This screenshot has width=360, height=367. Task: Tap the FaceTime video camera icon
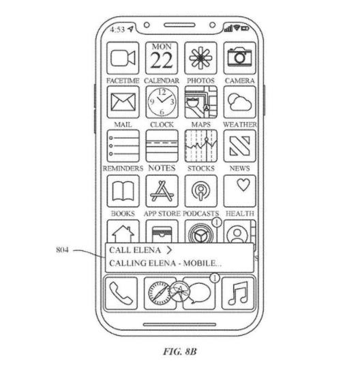[123, 58]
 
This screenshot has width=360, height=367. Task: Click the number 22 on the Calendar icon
[162, 61]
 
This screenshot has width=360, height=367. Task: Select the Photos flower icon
[200, 58]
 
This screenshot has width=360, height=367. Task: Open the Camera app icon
[240, 58]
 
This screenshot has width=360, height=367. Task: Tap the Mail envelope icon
[123, 102]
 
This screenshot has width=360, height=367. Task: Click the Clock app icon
[162, 102]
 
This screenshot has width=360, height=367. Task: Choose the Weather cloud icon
[240, 102]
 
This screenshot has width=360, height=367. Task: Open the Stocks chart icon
[201, 146]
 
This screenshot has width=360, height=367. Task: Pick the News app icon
[240, 146]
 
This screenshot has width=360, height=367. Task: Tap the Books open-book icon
[123, 191]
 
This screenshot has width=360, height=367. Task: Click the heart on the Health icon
[243, 185]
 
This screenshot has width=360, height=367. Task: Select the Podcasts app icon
[201, 191]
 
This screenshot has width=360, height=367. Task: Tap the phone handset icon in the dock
[121, 293]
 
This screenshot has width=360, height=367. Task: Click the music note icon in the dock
[238, 293]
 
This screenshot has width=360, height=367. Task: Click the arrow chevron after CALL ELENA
[169, 250]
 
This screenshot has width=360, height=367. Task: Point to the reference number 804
[63, 250]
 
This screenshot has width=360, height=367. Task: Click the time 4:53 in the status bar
[117, 29]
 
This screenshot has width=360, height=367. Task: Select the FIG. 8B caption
[180, 351]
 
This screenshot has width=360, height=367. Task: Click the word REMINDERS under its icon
[123, 168]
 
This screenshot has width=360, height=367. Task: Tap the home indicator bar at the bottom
[179, 325]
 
